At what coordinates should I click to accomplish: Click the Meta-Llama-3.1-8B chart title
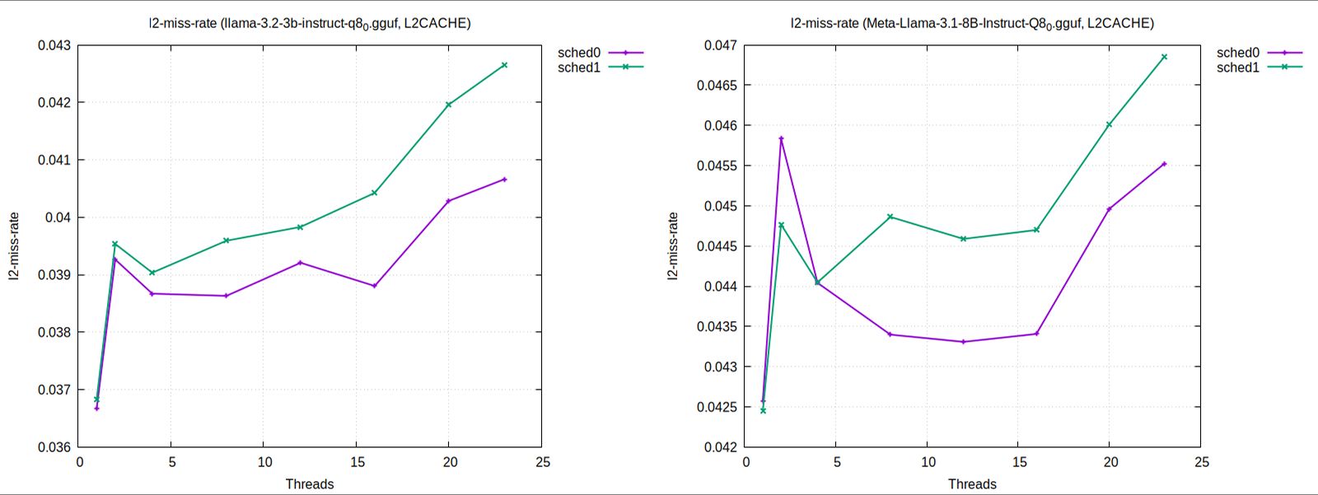(x=972, y=23)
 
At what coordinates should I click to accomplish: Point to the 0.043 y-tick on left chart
(x=54, y=45)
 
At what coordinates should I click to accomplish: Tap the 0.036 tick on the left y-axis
(x=54, y=447)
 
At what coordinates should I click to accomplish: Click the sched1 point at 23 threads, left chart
(x=504, y=65)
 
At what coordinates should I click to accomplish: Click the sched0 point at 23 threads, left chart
(x=504, y=180)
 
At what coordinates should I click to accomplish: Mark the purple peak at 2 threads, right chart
(x=781, y=138)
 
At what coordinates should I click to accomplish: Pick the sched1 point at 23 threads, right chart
(x=1164, y=57)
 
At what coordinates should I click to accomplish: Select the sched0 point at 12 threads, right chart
(x=963, y=342)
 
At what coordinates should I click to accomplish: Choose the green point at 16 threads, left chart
(x=375, y=193)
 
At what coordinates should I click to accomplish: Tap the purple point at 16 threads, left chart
(x=375, y=286)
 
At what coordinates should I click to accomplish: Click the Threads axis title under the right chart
(x=972, y=484)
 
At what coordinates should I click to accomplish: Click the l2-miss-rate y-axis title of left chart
(x=14, y=246)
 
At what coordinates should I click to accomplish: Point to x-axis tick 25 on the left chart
(x=542, y=463)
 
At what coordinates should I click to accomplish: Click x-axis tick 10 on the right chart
(x=928, y=463)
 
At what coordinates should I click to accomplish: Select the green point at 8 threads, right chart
(x=890, y=217)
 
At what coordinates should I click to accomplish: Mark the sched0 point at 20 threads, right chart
(x=1109, y=209)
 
